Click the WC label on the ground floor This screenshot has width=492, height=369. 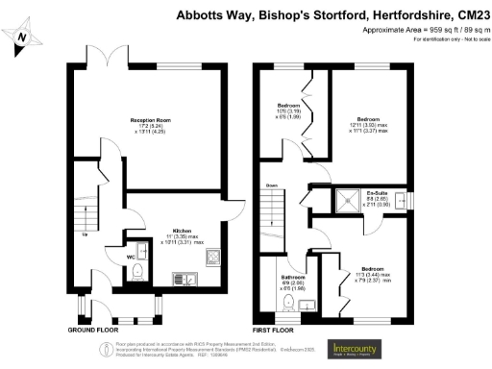click(x=131, y=257)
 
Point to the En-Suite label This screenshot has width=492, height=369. click(x=362, y=193)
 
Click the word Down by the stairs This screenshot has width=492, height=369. click(x=272, y=185)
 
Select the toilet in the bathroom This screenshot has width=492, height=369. click(x=288, y=303)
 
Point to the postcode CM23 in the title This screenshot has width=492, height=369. click(x=470, y=15)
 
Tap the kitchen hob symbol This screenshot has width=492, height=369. click(x=182, y=279)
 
